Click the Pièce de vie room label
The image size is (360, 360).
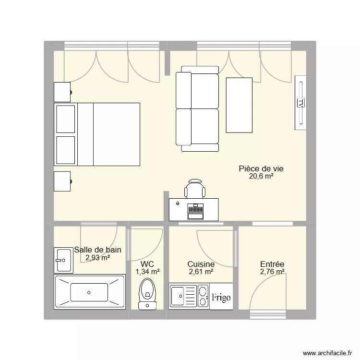pyautogui.click(x=261, y=168)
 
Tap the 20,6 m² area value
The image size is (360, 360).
pyautogui.click(x=261, y=176)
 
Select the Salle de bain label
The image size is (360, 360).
pyautogui.click(x=97, y=250)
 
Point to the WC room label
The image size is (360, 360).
pyautogui.click(x=147, y=264)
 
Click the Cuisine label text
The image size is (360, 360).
pyautogui.click(x=201, y=264)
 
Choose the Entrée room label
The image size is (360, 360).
pyautogui.click(x=272, y=264)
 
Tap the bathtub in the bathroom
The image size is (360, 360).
pyautogui.click(x=89, y=292)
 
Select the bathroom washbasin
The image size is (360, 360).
pyautogui.click(x=63, y=261)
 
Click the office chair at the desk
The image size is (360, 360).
pyautogui.click(x=195, y=188)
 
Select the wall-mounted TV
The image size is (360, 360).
pyautogui.click(x=300, y=102)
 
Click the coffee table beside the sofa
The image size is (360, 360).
pyautogui.click(x=239, y=105)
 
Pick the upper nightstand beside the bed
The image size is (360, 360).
pyautogui.click(x=63, y=92)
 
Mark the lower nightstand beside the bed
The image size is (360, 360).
pyautogui.click(x=63, y=181)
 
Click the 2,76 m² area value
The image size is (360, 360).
pyautogui.click(x=272, y=272)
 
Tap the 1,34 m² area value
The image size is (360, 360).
pyautogui.click(x=147, y=272)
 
